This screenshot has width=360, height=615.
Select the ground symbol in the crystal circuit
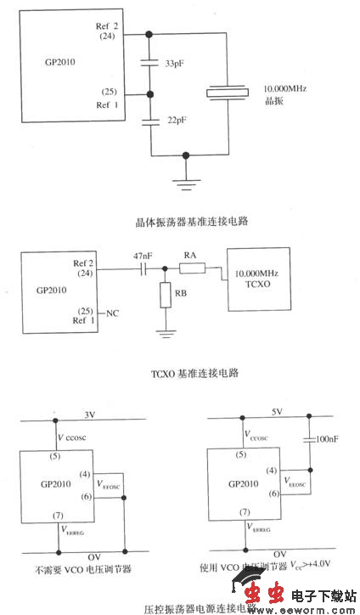tap(186, 181)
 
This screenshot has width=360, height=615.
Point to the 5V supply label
tap(275, 415)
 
